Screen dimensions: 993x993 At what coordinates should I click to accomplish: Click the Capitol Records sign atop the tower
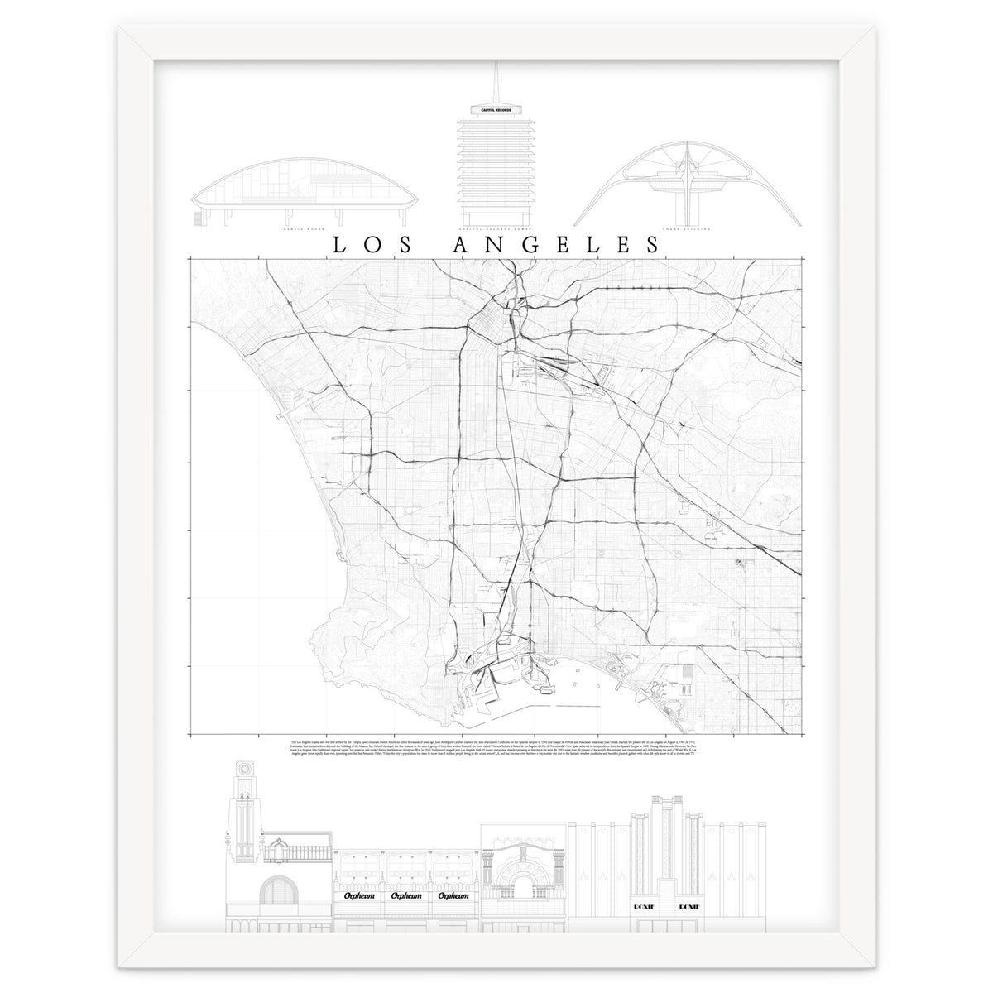[x=492, y=109]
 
